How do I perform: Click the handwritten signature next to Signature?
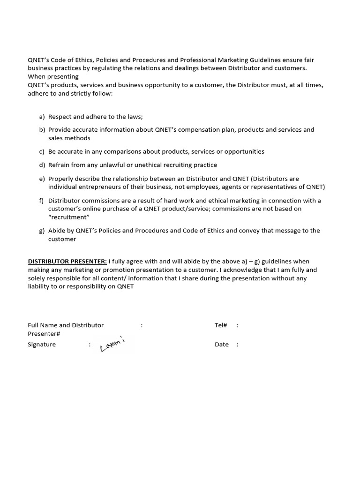[112, 345]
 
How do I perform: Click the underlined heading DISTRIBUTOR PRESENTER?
[67, 261]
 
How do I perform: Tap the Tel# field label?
[221, 325]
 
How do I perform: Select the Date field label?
[222, 344]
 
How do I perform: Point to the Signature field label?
[42, 344]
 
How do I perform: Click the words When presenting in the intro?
[53, 76]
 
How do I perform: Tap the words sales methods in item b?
[69, 138]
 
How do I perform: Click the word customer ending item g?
[62, 239]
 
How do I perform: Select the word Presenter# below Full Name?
[44, 333]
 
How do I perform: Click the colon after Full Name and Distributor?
[142, 325]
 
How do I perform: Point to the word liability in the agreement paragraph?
[39, 286]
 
